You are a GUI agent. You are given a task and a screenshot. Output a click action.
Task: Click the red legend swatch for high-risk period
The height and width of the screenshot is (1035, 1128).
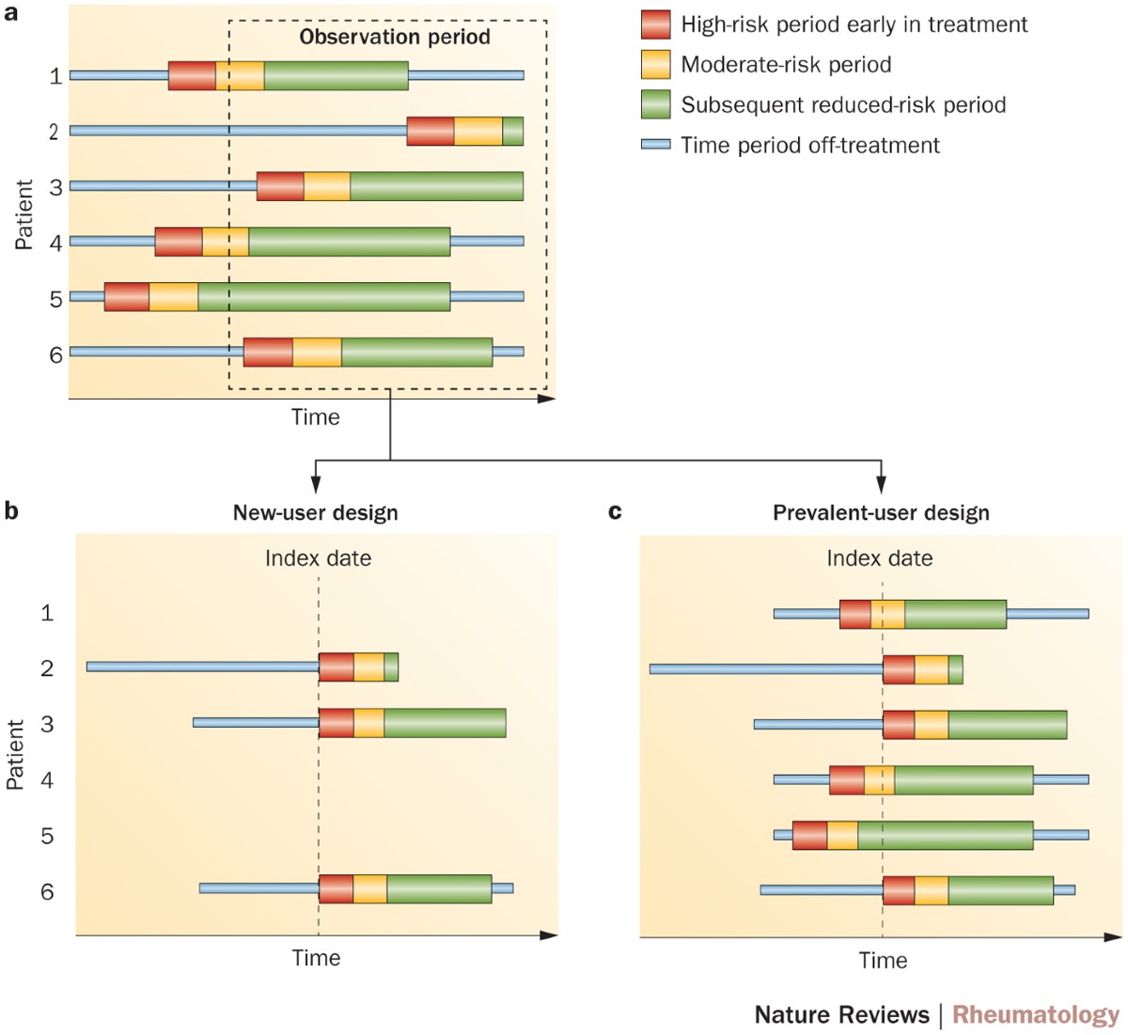655,24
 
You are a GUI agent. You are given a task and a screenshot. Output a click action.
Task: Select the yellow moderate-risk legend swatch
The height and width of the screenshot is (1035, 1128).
655,65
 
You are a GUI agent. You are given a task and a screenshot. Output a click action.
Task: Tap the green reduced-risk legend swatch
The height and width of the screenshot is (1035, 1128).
655,104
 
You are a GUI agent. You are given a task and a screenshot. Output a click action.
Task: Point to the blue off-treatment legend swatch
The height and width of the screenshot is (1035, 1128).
655,145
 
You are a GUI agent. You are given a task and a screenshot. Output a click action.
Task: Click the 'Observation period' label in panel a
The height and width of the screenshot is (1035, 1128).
395,38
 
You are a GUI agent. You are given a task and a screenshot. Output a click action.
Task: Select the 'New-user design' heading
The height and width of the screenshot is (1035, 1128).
316,513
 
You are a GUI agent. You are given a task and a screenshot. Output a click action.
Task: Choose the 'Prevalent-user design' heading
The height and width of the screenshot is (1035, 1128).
881,513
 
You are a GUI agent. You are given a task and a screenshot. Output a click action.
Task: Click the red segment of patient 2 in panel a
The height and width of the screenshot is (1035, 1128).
431,132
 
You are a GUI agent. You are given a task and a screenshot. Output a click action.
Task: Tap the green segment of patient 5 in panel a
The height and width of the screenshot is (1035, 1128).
323,296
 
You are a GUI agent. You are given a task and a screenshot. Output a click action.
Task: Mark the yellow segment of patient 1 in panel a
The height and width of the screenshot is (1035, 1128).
240,76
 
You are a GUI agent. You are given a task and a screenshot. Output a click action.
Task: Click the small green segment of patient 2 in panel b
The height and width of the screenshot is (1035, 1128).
391,666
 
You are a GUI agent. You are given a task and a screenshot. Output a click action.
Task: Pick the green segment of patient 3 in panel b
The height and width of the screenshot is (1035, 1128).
445,723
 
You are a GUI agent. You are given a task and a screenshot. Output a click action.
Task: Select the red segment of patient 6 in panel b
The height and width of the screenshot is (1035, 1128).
336,889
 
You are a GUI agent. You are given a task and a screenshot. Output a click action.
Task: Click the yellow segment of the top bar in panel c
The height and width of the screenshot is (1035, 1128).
887,614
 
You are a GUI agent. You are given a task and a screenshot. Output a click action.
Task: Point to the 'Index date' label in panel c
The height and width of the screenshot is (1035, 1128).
879,558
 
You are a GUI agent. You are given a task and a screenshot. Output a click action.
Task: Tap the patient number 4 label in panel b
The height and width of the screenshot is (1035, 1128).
47,780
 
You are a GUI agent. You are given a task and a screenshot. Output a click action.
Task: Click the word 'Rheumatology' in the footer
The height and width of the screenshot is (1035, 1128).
1036,1015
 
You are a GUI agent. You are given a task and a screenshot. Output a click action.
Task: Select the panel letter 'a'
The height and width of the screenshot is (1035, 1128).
11,13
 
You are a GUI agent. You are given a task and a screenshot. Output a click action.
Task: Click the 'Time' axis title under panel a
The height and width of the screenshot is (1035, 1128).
315,417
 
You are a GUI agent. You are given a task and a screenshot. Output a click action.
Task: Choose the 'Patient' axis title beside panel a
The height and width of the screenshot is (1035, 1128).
24,214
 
